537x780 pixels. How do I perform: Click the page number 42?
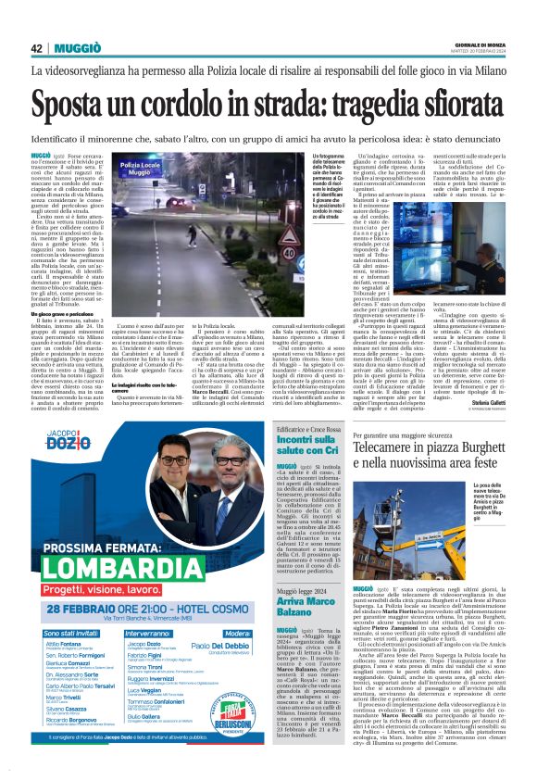(x=37, y=47)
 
